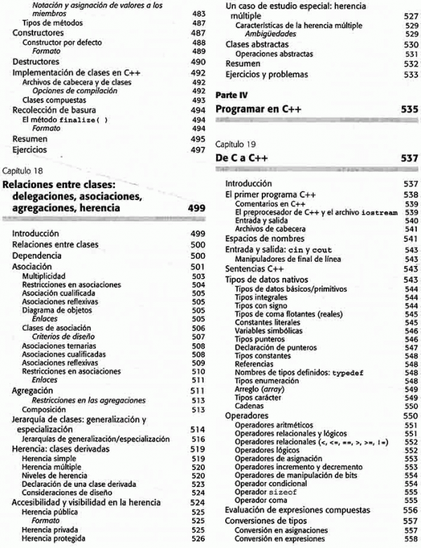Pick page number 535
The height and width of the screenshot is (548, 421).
click(x=408, y=109)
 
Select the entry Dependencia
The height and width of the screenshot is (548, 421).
click(x=39, y=256)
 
